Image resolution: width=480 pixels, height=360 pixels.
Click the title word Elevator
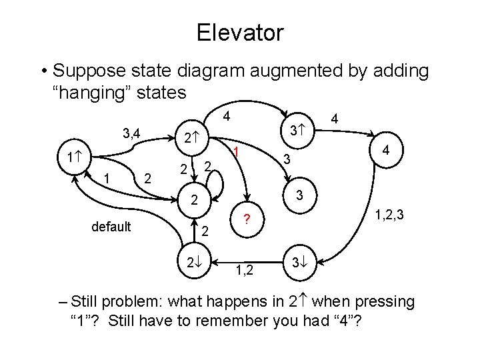coord(240,31)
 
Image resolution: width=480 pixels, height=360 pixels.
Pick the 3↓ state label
coord(298,260)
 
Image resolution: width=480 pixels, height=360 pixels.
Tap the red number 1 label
coord(237,153)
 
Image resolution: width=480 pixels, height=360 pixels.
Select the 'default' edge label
coord(111,227)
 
